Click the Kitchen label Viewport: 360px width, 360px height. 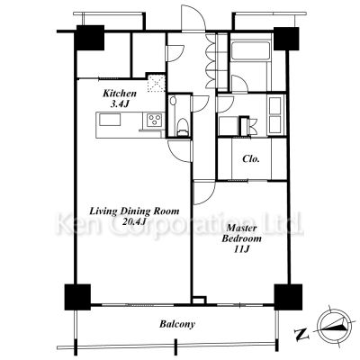(x=120, y=94)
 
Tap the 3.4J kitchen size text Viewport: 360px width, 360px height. (x=120, y=104)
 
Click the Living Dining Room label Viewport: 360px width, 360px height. (x=134, y=211)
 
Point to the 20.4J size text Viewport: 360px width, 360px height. (x=134, y=221)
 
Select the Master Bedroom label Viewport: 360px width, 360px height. (x=241, y=233)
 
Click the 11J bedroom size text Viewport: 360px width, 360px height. (x=242, y=249)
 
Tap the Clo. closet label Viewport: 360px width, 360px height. (x=251, y=158)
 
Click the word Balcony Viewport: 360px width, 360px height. (x=177, y=324)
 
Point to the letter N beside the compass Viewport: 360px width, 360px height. (x=301, y=334)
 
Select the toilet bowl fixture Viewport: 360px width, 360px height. (x=182, y=127)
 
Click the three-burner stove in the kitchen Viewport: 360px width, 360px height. (x=155, y=120)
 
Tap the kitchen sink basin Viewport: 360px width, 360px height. (x=110, y=120)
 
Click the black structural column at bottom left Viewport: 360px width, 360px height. (x=77, y=297)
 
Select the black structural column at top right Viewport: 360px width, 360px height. (x=286, y=39)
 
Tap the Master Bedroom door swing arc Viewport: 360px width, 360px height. (x=204, y=193)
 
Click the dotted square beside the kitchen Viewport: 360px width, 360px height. (x=157, y=83)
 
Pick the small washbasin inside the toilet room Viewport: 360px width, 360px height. (x=173, y=101)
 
